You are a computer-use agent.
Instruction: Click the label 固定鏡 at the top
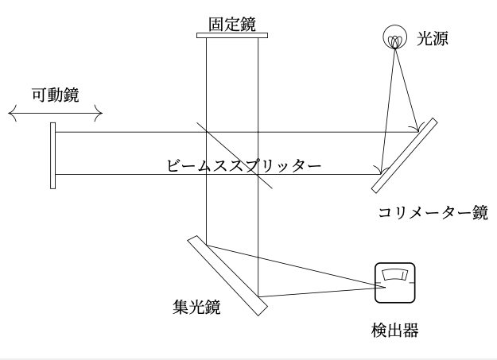tap(232, 24)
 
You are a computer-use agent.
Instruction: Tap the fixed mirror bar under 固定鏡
tap(232, 35)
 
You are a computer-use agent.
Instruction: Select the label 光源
tap(433, 37)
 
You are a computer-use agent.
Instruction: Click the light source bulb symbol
tap(394, 37)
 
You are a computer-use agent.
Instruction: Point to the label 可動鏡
tap(54, 97)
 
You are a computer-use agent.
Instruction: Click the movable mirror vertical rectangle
tap(52, 155)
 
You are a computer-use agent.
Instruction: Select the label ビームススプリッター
tap(244, 166)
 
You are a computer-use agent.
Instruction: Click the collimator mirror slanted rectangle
tap(406, 156)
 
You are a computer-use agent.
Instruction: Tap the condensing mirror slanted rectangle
tap(227, 274)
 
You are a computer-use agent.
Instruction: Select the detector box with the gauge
tap(395, 283)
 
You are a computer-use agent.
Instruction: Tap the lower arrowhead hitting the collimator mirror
tap(381, 170)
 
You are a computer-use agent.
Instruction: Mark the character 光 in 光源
tap(425, 37)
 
